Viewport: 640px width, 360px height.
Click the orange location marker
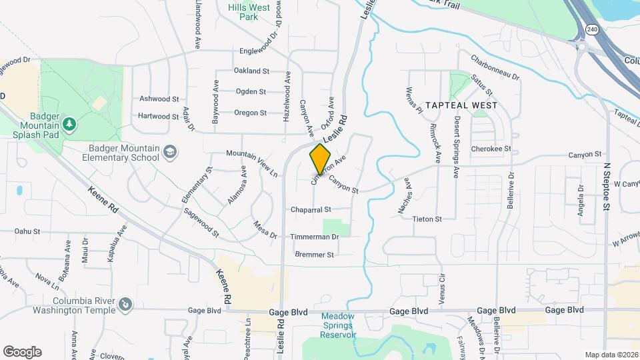[320, 159]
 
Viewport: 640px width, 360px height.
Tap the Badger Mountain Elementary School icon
[170, 153]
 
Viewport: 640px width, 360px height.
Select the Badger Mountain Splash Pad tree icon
[69, 125]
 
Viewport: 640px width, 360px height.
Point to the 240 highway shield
[592, 29]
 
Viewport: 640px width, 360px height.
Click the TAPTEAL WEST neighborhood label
[461, 105]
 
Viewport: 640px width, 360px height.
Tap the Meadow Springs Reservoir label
[339, 325]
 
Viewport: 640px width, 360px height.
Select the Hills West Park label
[243, 12]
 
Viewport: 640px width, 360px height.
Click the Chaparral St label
[311, 209]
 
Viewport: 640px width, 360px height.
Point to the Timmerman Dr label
[315, 237]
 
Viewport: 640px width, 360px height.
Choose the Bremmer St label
[313, 254]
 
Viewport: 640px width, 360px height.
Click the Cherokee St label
[490, 149]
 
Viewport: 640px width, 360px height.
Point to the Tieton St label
[427, 219]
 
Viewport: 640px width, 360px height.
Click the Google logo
[22, 351]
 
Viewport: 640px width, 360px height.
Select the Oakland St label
[251, 70]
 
